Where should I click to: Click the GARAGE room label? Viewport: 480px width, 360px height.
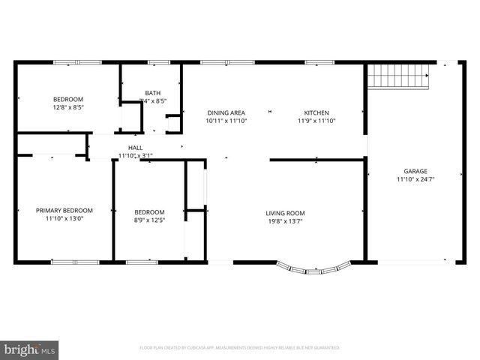pyautogui.click(x=415, y=171)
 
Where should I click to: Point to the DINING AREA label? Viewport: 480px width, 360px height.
pyautogui.click(x=226, y=112)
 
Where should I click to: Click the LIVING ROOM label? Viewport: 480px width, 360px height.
pyautogui.click(x=285, y=213)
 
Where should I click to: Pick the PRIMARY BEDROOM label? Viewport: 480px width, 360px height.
pyautogui.click(x=64, y=211)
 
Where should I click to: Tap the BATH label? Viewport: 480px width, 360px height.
pyautogui.click(x=152, y=93)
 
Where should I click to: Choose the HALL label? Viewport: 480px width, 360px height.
pyautogui.click(x=135, y=148)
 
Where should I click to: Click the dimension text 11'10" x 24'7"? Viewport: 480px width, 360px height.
pyautogui.click(x=415, y=179)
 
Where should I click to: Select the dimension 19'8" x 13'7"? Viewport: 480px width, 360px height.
pyautogui.click(x=285, y=221)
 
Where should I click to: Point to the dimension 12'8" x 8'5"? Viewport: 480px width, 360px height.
pyautogui.click(x=67, y=107)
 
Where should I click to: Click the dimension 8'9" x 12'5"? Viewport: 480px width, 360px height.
pyautogui.click(x=149, y=220)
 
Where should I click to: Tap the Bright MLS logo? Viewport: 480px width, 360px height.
pyautogui.click(x=30, y=349)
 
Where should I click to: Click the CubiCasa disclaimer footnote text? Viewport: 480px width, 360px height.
pyautogui.click(x=240, y=348)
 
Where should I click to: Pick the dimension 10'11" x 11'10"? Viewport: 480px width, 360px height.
pyautogui.click(x=226, y=121)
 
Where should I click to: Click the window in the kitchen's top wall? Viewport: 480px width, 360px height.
pyautogui.click(x=319, y=62)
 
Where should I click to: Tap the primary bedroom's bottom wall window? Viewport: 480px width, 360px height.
pyautogui.click(x=75, y=262)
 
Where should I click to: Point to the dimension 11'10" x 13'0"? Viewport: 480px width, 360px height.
pyautogui.click(x=64, y=219)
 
